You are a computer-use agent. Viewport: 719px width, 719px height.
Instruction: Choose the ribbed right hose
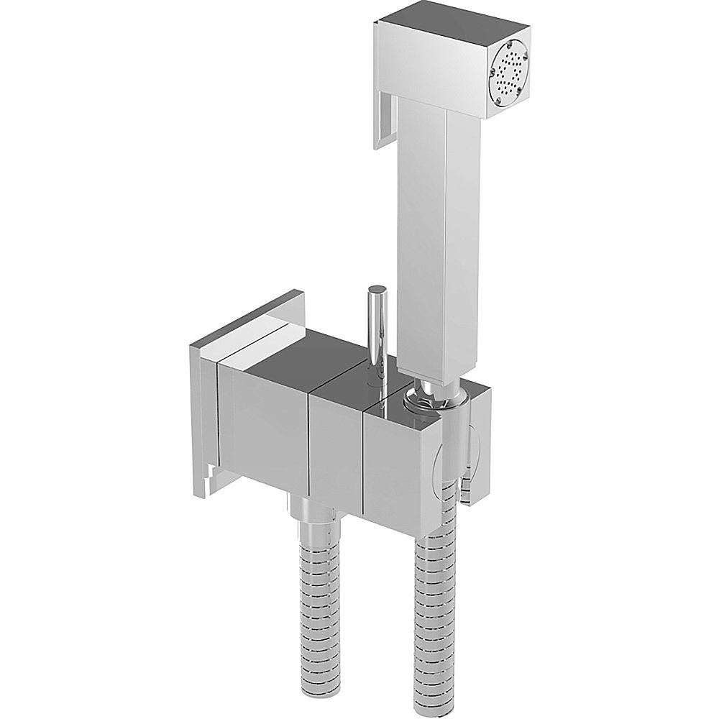436,611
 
